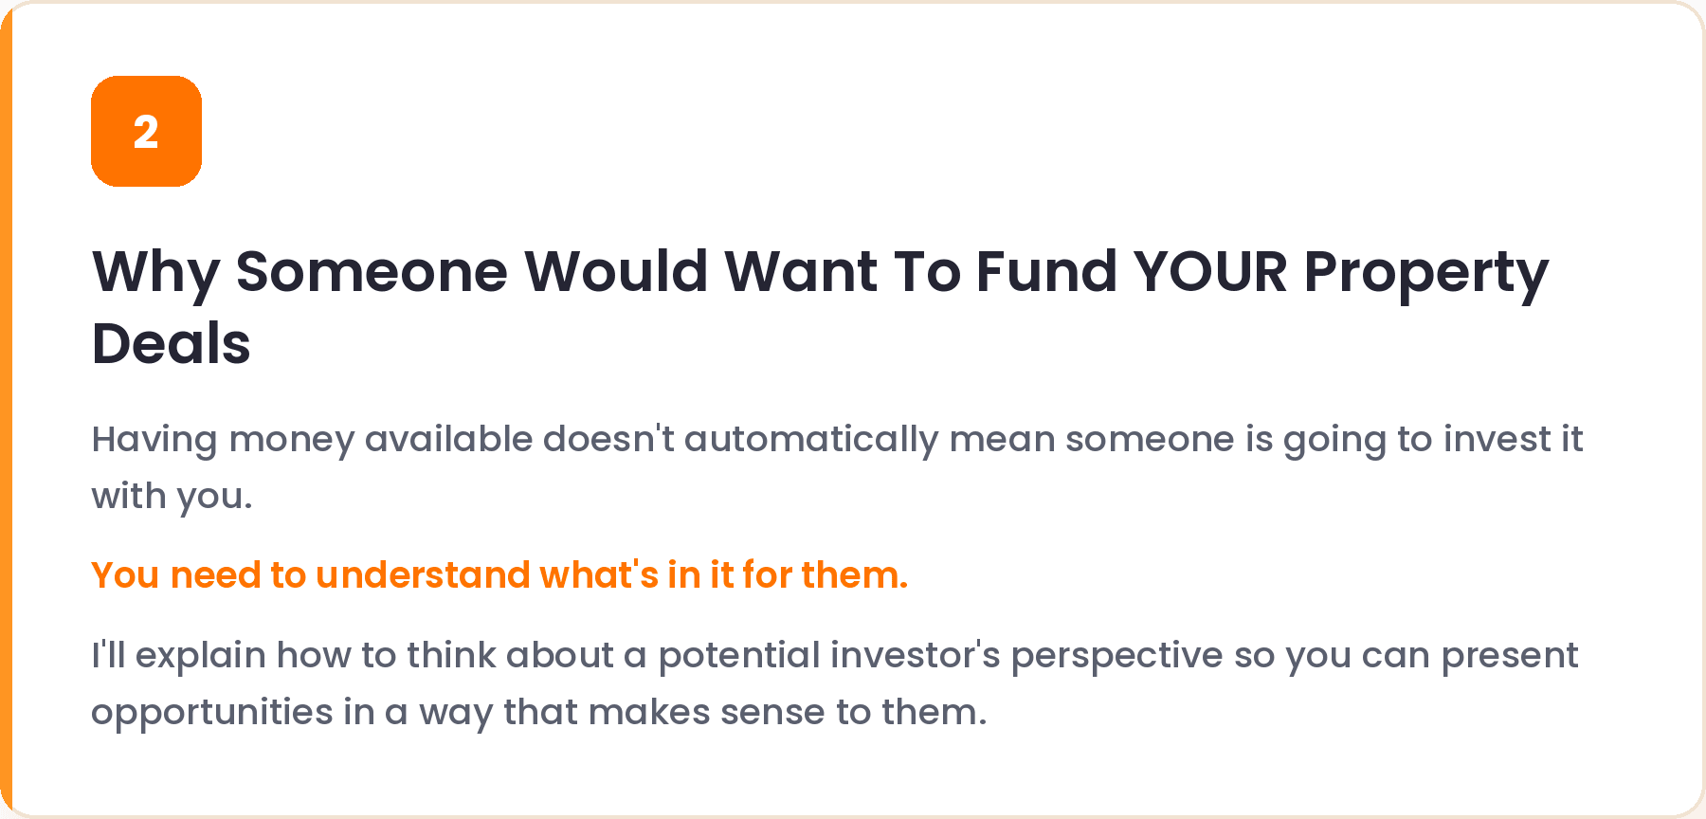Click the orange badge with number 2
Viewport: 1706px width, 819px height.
click(x=146, y=131)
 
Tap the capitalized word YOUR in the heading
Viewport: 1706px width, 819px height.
click(x=1210, y=271)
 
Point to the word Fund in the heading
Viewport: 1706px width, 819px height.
click(x=1046, y=271)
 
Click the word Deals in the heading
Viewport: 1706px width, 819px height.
click(x=171, y=343)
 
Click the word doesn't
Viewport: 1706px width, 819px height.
click(x=608, y=439)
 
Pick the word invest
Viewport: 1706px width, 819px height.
click(x=1497, y=439)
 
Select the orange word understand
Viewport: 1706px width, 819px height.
click(x=423, y=574)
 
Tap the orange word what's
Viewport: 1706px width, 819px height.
click(x=599, y=574)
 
